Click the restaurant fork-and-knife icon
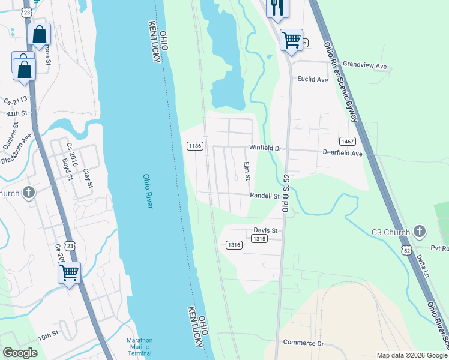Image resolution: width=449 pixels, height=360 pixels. coord(276,7)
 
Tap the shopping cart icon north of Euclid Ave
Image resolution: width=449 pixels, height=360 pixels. coord(291,40)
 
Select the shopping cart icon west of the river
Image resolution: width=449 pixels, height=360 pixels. coord(69,272)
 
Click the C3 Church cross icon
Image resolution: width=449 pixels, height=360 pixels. coord(420,232)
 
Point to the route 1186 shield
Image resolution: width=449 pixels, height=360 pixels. coord(194,146)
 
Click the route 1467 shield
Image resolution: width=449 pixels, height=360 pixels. coord(347,142)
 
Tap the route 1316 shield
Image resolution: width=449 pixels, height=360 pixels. coord(234,245)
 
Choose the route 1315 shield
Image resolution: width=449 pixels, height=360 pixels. coord(259,239)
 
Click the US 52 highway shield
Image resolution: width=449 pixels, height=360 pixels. coord(407,250)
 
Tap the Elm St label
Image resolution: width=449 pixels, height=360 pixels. coord(246,170)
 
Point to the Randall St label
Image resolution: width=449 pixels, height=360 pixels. coord(265,196)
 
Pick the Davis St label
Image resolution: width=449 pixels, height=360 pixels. coord(265,230)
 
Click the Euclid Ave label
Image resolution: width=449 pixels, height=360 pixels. coord(313,79)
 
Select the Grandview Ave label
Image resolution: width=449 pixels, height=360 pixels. coord(366,65)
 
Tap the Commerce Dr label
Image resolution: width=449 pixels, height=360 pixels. coord(303,343)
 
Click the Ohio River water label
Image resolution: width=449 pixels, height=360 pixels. coord(148,191)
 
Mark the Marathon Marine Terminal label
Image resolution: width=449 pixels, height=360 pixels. coord(139,346)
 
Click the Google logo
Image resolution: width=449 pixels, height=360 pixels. coord(20,353)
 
